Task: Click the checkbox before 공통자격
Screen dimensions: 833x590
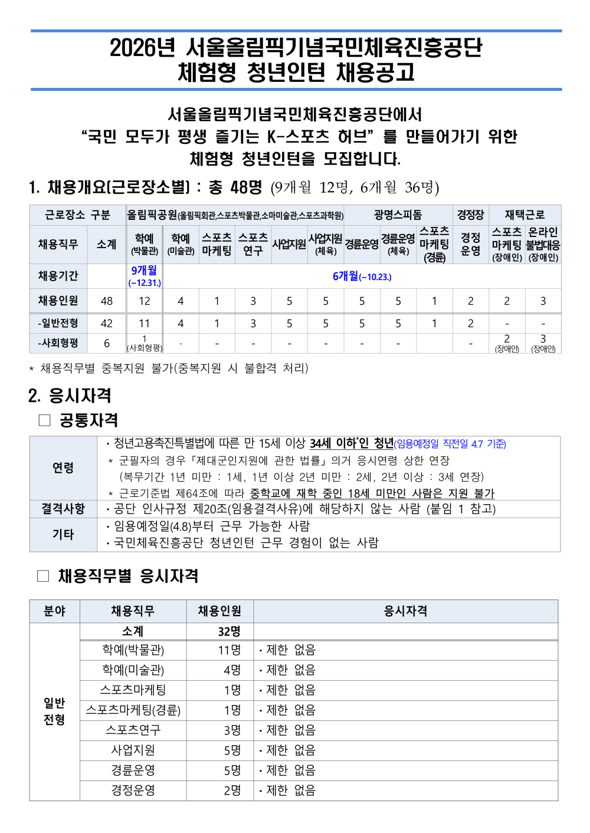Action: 45,420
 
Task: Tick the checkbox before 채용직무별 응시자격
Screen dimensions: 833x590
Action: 43,576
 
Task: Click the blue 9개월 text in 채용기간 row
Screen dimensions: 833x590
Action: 144,271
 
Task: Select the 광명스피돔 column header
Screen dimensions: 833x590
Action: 398,215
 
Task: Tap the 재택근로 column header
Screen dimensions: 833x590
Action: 525,215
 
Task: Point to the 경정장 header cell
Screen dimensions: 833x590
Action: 470,215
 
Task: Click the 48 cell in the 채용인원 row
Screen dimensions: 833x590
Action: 107,301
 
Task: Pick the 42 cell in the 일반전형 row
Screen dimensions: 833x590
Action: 107,323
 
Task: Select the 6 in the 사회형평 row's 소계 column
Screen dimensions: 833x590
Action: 107,343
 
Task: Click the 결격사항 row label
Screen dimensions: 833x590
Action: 63,508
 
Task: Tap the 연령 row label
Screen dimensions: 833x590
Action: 63,467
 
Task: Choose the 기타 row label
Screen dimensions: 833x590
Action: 63,534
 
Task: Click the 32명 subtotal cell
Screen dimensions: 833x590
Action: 229,631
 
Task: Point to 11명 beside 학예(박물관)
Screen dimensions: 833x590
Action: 230,650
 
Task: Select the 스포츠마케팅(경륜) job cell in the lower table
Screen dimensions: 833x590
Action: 133,710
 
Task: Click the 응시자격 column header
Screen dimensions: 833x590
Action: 405,611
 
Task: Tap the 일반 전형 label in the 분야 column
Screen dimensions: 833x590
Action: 54,711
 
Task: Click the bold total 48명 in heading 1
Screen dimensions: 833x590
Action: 247,187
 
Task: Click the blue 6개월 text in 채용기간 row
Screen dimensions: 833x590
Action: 346,276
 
